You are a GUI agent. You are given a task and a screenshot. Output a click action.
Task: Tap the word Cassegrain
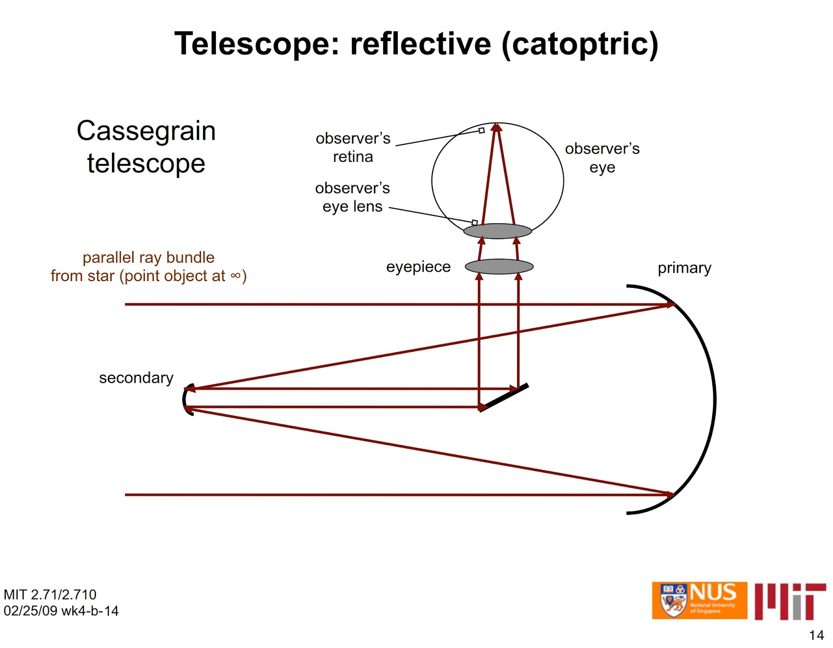146,131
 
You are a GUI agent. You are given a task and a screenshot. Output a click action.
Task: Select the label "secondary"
136,378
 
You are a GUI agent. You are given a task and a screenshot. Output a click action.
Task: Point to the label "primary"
684,268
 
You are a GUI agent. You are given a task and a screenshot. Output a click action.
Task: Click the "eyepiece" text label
418,267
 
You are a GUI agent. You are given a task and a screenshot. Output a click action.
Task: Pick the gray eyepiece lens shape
499,266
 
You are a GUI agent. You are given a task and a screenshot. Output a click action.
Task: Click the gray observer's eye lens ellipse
498,231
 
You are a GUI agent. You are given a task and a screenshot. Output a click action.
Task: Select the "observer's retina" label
353,147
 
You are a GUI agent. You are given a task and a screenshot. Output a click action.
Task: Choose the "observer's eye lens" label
352,197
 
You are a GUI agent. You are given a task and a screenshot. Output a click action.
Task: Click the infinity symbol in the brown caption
235,276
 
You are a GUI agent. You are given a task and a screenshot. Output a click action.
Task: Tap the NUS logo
699,600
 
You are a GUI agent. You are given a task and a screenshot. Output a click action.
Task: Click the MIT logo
790,601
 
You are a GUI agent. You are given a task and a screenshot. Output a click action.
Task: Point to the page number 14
816,635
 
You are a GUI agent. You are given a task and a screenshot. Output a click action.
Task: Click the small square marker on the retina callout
482,131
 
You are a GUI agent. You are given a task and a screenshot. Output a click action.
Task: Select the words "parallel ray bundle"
148,258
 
